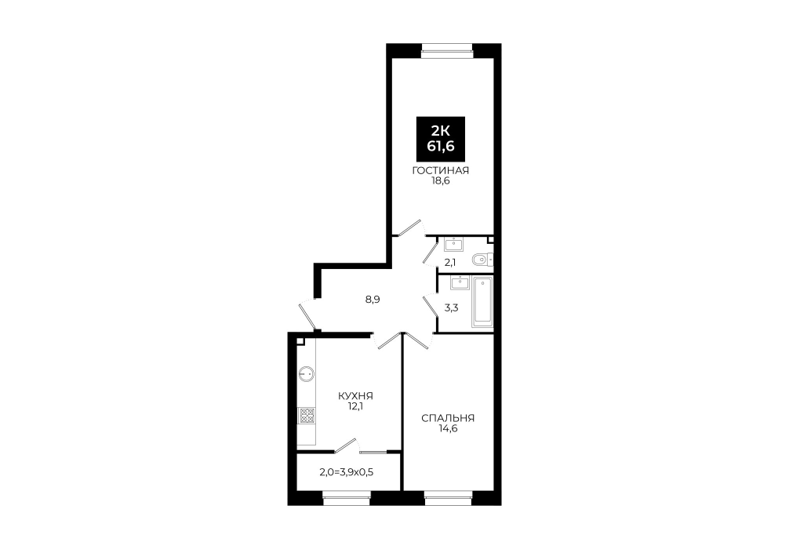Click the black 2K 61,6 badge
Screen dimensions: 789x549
pos(440,139)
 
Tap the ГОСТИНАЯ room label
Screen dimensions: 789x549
pos(440,171)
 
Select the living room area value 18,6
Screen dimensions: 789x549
pos(440,181)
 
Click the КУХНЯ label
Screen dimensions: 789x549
pos(356,396)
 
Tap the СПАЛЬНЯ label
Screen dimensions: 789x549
pos(448,418)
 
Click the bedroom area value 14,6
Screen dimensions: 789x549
pos(448,429)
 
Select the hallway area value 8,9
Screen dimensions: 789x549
pos(373,300)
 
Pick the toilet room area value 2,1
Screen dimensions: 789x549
pos(450,262)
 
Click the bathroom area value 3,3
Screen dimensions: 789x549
pos(451,308)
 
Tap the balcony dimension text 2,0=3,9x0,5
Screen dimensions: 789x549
pos(346,472)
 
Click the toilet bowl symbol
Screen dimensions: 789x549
pos(483,259)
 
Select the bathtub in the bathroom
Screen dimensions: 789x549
pos(482,301)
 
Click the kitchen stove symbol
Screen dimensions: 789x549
pos(307,416)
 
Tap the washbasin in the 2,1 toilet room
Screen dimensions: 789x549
pos(454,245)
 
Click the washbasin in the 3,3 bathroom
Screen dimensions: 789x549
pos(460,283)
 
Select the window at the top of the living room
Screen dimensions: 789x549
pos(447,49)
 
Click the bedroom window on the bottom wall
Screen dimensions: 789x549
pos(449,500)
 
